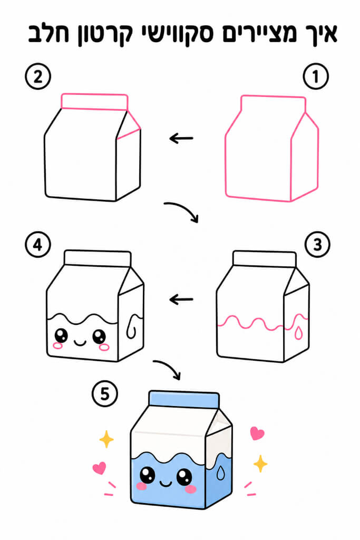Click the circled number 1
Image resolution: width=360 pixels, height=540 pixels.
[315, 76]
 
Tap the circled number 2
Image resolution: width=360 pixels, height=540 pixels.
[38, 76]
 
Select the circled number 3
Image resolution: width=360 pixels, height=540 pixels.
[317, 245]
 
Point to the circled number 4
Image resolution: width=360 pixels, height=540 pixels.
[38, 245]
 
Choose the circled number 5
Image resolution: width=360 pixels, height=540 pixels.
[105, 393]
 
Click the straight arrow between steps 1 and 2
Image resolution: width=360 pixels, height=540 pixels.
[181, 139]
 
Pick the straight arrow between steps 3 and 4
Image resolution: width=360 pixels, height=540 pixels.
[181, 300]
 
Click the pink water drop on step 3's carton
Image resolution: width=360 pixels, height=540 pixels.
[298, 333]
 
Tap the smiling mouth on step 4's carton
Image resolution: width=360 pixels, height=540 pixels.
[80, 342]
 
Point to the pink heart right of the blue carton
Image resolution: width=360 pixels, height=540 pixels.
[257, 433]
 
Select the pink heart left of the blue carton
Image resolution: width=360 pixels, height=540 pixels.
[100, 468]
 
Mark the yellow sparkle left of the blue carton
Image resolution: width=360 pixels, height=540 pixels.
[106, 439]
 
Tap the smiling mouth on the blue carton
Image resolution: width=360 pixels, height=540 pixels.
[166, 484]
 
